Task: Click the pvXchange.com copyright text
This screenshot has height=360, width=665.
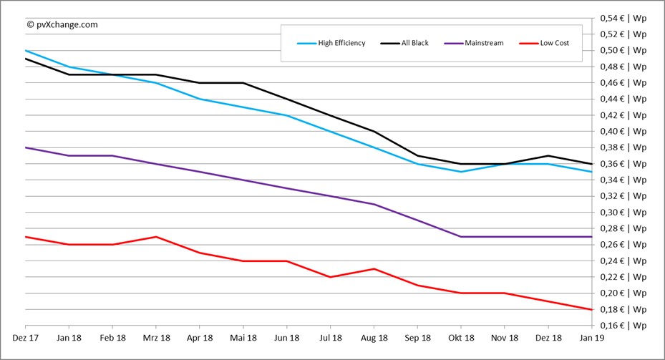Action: tap(62, 24)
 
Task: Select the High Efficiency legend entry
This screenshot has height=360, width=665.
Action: tap(331, 43)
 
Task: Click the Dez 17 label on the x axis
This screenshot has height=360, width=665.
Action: tap(26, 337)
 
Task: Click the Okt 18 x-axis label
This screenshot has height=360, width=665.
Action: tap(461, 337)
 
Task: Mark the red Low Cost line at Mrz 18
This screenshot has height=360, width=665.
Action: tap(157, 237)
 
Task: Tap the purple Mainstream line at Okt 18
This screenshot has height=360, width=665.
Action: tap(461, 237)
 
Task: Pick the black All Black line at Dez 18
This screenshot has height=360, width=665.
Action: tap(548, 156)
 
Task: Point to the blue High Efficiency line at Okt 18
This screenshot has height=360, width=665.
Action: tap(461, 172)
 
